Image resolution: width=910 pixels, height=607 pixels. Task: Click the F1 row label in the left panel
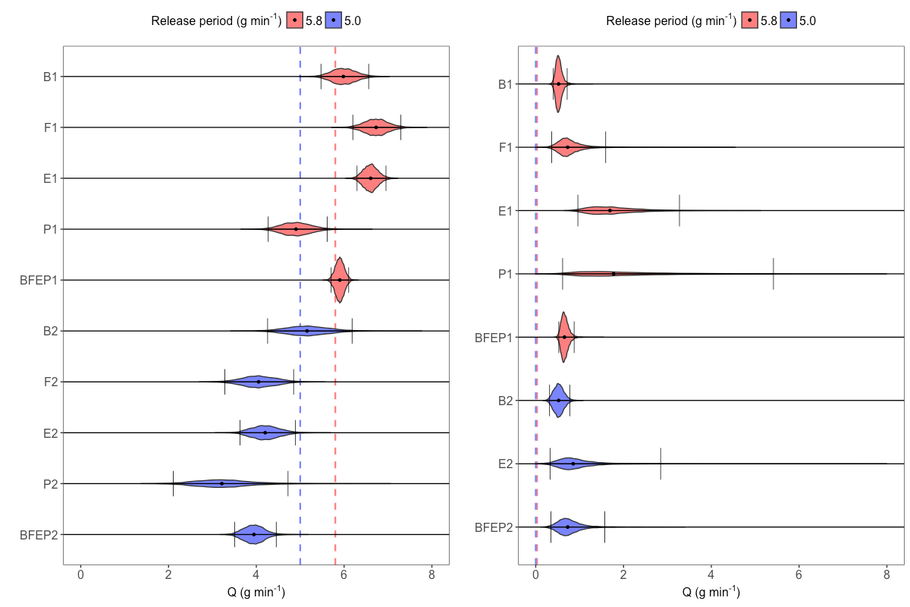[x=52, y=127]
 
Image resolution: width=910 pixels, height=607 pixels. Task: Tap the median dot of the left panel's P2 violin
[x=221, y=483]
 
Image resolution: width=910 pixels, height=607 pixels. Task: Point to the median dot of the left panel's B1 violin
[x=344, y=77]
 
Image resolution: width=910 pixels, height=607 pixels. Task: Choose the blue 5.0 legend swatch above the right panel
[x=789, y=21]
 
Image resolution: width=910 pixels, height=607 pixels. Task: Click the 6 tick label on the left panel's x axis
[x=344, y=576]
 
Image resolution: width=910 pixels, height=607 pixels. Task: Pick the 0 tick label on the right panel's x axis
[x=535, y=576]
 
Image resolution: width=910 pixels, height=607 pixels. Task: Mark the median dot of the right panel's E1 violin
[x=610, y=210]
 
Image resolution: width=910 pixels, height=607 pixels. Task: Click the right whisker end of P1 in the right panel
[x=773, y=274]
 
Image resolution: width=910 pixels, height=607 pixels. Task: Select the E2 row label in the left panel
[x=52, y=432]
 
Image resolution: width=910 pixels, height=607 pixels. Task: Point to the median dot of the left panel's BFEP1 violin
[x=340, y=280]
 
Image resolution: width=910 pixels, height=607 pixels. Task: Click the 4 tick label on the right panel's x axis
[x=711, y=576]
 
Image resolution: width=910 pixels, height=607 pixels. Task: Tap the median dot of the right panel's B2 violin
[x=559, y=400]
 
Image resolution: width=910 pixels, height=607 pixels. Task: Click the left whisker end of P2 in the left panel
[x=173, y=483]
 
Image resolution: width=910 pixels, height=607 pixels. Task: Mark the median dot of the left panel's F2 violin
[x=259, y=382]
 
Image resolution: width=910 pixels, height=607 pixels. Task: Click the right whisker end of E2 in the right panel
[x=661, y=464]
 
